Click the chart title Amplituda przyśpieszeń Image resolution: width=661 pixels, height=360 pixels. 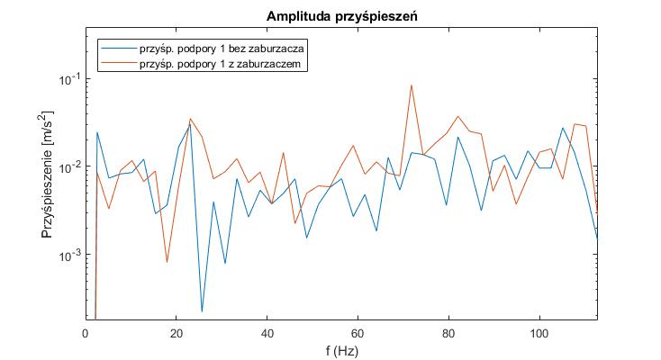click(340, 17)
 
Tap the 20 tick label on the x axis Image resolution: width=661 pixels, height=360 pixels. click(177, 332)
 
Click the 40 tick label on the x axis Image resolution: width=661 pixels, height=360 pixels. click(267, 332)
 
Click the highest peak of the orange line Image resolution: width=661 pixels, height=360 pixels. click(412, 85)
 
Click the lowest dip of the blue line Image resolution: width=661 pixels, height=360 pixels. click(202, 311)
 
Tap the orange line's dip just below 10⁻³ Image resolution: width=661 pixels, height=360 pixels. click(167, 262)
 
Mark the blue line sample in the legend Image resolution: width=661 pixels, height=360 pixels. click(118, 49)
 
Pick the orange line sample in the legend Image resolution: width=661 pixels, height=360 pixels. click(118, 65)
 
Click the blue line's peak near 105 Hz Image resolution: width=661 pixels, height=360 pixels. click(563, 128)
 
